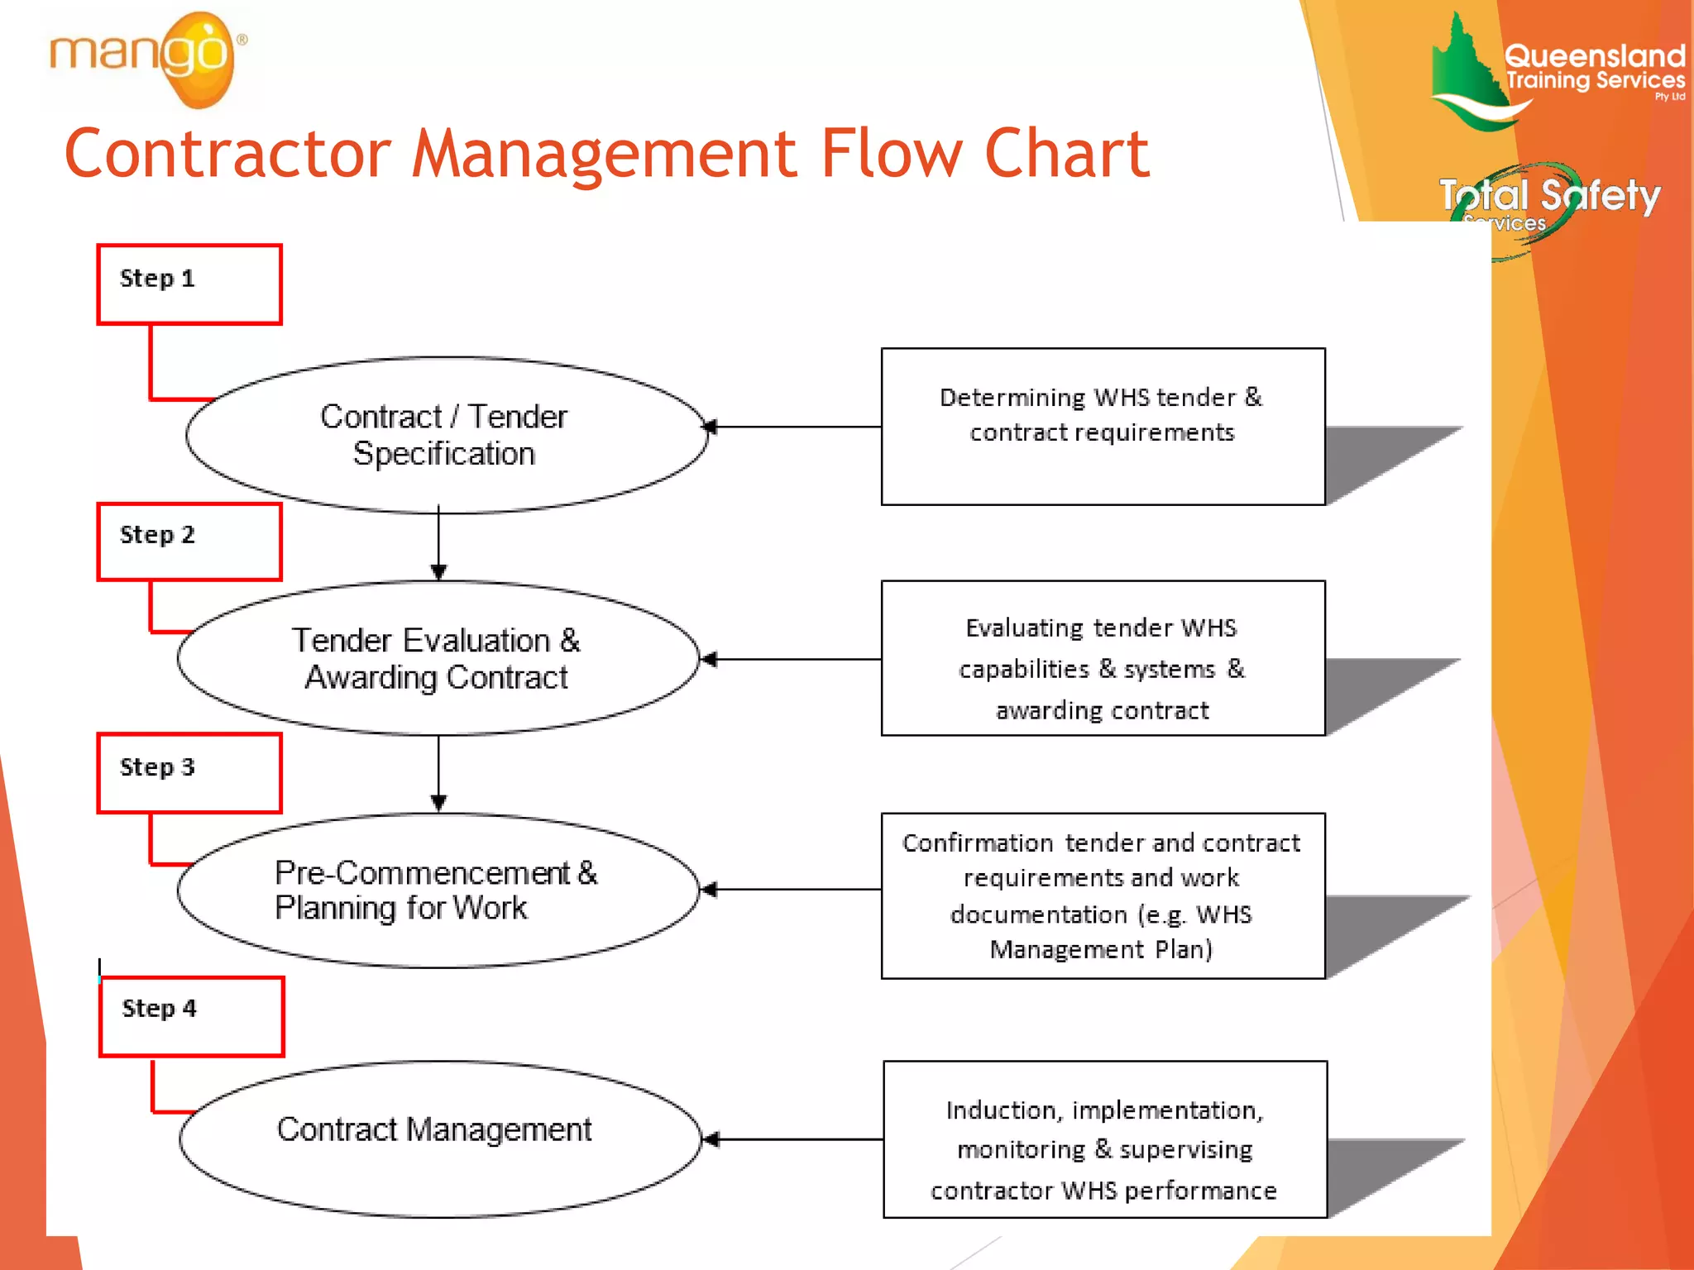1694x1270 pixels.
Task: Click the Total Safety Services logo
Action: (1547, 203)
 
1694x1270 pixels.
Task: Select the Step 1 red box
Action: (189, 284)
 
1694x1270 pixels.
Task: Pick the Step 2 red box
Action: (189, 542)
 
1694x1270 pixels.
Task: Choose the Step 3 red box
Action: (189, 773)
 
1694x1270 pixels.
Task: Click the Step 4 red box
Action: (192, 1016)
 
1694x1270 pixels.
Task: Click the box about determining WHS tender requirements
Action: (1103, 426)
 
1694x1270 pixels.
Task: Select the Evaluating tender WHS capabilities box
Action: (1103, 658)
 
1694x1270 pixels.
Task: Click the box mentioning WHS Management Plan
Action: (1103, 895)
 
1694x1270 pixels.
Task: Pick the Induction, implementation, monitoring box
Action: (1105, 1139)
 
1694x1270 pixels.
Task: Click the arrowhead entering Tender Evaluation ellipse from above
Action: (438, 572)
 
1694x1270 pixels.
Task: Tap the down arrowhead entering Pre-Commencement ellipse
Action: (438, 802)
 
